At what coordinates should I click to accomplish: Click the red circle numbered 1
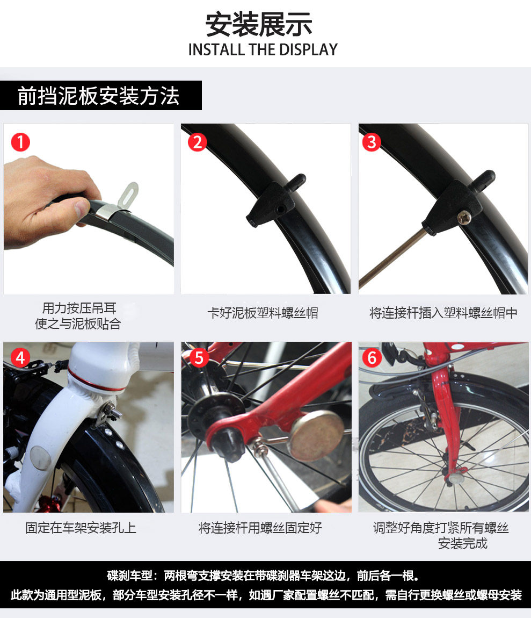point(20,142)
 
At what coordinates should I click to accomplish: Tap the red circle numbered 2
point(198,142)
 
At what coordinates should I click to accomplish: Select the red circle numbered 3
point(372,142)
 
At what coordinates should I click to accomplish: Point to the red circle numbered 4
point(20,358)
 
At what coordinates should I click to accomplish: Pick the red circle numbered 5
point(199,358)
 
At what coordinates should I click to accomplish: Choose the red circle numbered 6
point(372,358)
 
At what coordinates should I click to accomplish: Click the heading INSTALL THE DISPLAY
point(263,49)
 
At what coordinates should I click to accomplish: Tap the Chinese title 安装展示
point(259,24)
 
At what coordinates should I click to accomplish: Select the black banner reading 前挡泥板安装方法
point(101,95)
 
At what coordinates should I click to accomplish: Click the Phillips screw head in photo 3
point(464,217)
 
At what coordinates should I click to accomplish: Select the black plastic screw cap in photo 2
point(276,200)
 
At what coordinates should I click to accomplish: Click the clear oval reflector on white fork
point(41,458)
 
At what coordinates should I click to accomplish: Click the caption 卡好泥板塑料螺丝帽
point(263,313)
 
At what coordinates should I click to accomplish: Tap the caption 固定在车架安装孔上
point(81,528)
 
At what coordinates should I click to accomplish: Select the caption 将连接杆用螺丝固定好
point(260,528)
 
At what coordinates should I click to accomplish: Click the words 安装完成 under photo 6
point(462,543)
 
